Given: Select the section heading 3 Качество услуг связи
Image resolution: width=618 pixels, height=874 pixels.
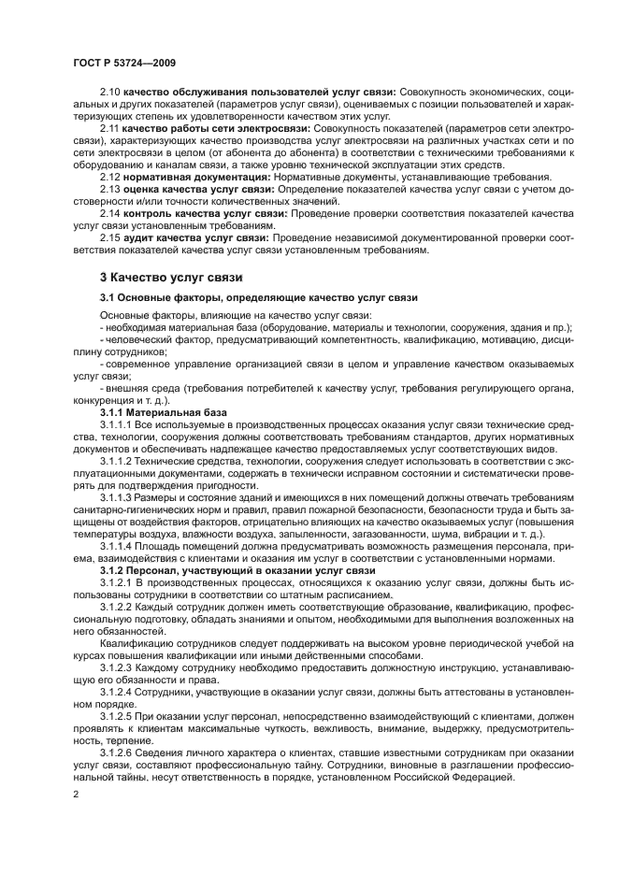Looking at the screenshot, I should point(171,278).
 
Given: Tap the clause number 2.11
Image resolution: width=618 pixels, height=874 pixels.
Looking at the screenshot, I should point(109,126).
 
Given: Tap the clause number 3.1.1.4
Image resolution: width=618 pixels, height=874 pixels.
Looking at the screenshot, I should point(116,545).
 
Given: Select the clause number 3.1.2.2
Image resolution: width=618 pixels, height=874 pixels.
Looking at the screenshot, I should point(116,606).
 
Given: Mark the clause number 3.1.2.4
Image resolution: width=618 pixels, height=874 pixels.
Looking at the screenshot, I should point(116,691).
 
